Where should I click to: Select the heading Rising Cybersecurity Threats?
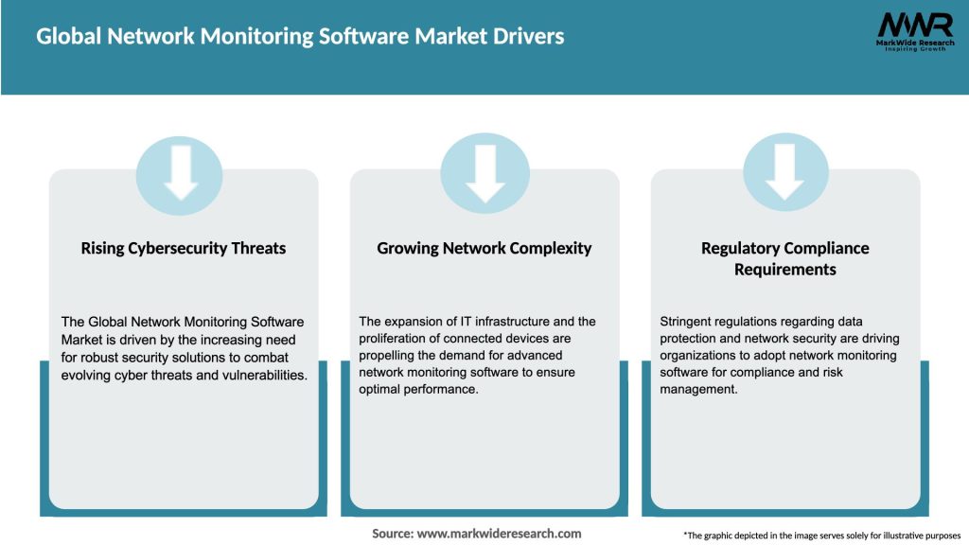(184, 248)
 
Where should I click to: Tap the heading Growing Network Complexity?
(484, 248)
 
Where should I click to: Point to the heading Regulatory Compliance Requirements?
(785, 258)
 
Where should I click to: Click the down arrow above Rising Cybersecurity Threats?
(180, 174)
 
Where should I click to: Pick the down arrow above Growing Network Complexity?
(484, 174)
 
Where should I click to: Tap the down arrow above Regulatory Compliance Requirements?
(785, 174)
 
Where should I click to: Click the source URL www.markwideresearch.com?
(500, 534)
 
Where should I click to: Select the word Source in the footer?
(393, 534)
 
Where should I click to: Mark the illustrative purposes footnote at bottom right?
(821, 536)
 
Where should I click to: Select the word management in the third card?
(697, 389)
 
